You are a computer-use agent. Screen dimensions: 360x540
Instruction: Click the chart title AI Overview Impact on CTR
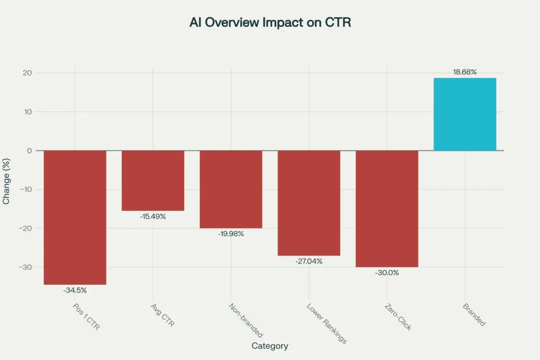269,23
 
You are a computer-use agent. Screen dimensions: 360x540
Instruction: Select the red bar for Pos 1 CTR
75,217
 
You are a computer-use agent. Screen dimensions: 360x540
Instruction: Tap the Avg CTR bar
153,180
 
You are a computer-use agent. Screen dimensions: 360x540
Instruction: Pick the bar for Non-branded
231,189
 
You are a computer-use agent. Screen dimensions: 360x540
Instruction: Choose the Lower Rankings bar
309,203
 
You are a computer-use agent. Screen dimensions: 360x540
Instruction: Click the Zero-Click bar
387,209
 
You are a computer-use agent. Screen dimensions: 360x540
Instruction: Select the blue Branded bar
465,114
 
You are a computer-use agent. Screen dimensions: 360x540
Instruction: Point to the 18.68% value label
465,72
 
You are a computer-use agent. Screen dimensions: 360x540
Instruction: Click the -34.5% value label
75,290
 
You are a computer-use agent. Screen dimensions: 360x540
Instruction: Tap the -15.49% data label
153,216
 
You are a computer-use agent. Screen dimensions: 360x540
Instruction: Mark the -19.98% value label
231,233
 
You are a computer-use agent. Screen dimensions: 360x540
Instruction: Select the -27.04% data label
309,261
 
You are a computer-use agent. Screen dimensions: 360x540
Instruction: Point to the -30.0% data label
387,273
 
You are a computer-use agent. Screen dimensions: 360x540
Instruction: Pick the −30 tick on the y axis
25,267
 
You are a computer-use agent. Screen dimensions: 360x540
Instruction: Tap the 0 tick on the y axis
30,151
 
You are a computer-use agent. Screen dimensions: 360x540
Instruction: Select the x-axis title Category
269,346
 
